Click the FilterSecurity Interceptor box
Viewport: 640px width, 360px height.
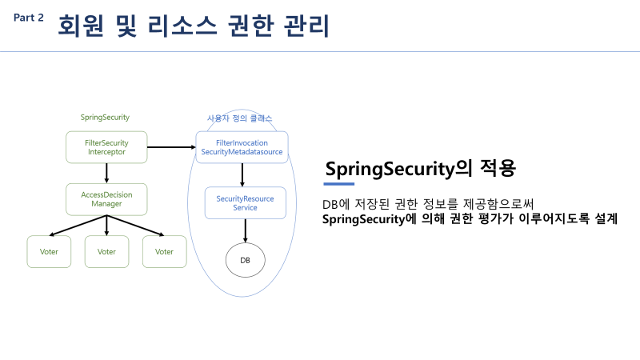pyautogui.click(x=106, y=147)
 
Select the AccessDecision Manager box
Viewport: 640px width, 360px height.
pyautogui.click(x=106, y=198)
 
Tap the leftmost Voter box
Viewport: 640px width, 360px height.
pyautogui.click(x=49, y=251)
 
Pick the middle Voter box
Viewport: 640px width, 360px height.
pyautogui.click(x=106, y=251)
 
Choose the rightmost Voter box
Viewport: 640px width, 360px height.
pyautogui.click(x=164, y=251)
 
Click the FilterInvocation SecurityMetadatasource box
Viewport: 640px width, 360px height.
pyautogui.click(x=242, y=147)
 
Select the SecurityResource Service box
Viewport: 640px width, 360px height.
pyautogui.click(x=245, y=202)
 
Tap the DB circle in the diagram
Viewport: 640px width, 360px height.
pyautogui.click(x=245, y=260)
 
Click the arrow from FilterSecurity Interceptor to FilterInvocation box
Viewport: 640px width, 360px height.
pyautogui.click(x=171, y=147)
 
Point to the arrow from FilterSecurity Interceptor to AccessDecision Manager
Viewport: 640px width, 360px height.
pyautogui.click(x=106, y=173)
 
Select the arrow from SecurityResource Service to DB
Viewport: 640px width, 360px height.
pyautogui.click(x=245, y=230)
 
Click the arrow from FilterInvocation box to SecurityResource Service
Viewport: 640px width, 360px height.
pyautogui.click(x=242, y=174)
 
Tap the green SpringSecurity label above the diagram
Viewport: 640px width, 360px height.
pyautogui.click(x=105, y=118)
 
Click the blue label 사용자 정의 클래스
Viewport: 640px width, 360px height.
pyautogui.click(x=240, y=118)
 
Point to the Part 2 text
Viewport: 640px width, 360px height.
pyautogui.click(x=29, y=18)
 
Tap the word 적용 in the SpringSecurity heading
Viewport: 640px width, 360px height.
pyautogui.click(x=498, y=169)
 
